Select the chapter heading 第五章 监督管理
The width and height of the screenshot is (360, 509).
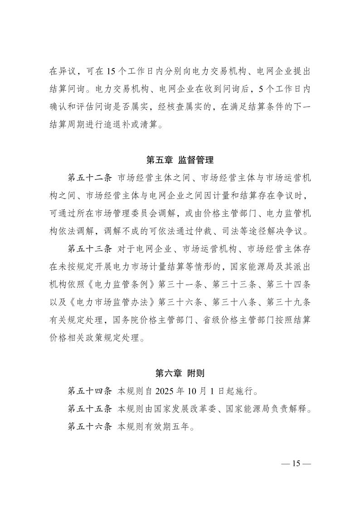[180, 160]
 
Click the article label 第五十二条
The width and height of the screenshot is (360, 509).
[89, 177]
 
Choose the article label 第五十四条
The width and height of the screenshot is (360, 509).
[89, 391]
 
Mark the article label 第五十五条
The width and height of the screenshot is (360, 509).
[89, 408]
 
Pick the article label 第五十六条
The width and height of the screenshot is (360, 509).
[89, 426]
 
